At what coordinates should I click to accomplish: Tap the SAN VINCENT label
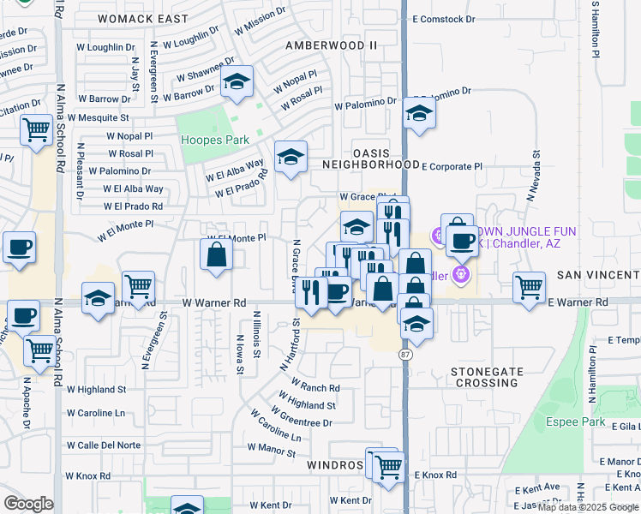coord(598,275)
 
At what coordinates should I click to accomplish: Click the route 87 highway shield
coord(404,352)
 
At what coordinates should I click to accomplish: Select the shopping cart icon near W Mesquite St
coord(36,131)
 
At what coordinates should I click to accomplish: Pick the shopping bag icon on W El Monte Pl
coord(216,254)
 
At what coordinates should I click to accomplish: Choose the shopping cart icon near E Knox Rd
coord(388,467)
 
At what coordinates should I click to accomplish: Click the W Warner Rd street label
coord(214,303)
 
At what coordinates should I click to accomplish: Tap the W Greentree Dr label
coord(302,422)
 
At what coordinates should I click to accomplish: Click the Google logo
coord(28,504)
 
